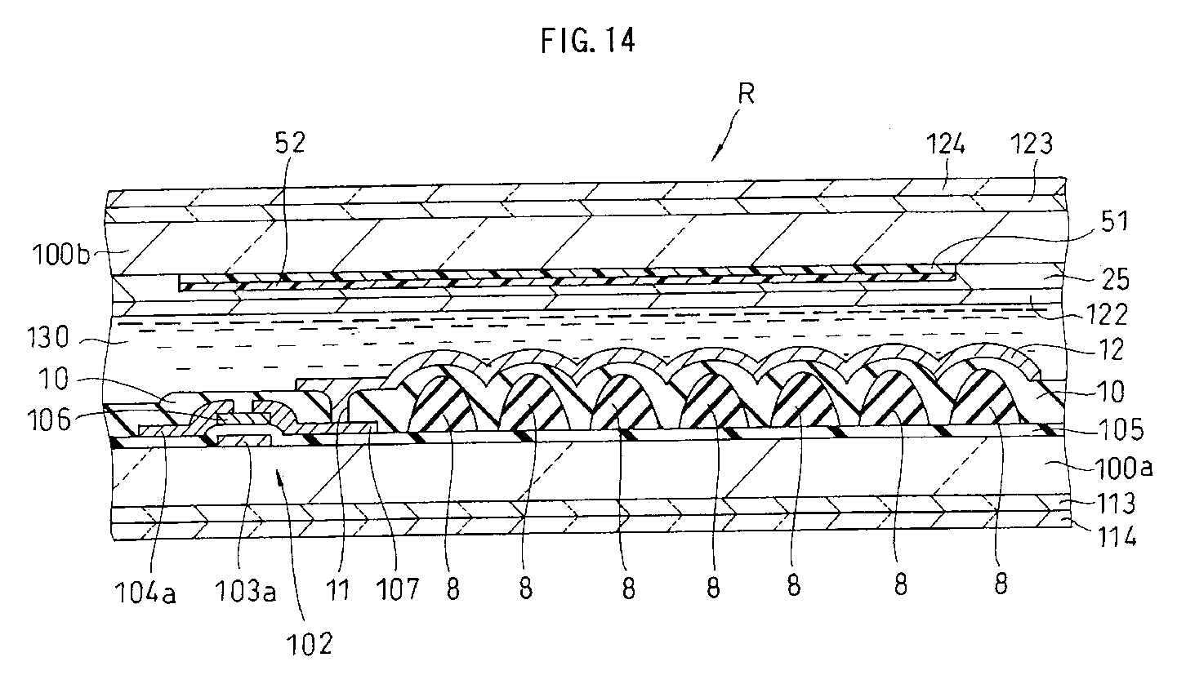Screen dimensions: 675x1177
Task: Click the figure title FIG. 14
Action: [x=587, y=41]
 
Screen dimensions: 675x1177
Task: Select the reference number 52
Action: [x=290, y=144]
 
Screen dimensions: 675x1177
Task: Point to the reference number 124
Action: [x=946, y=145]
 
